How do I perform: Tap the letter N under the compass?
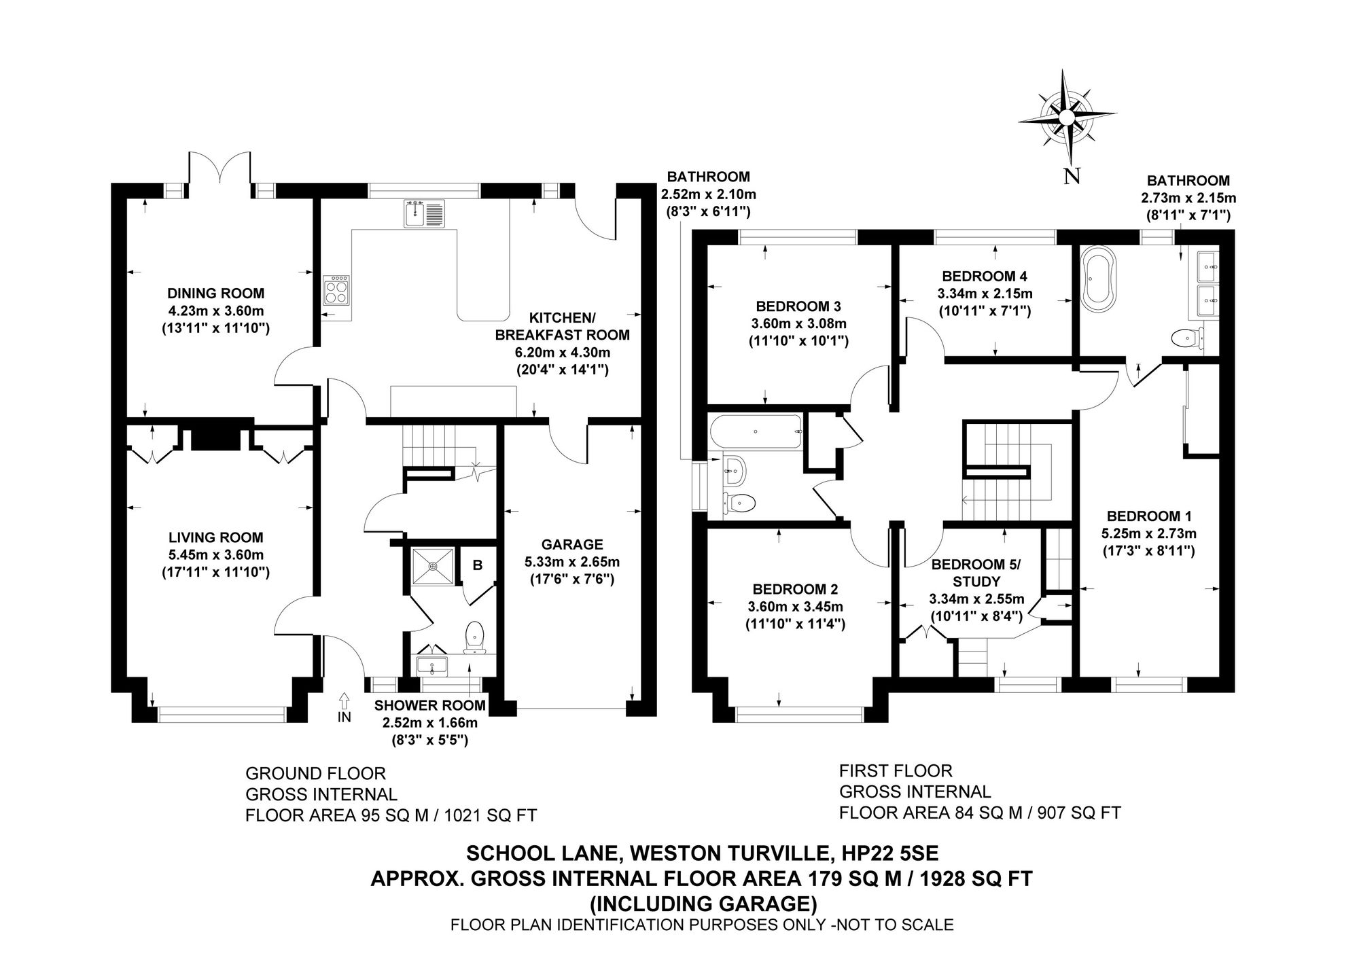tap(1072, 177)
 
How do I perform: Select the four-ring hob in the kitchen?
tap(337, 291)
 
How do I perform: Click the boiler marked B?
tap(478, 565)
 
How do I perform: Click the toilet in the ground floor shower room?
tap(474, 637)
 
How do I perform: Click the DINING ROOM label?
tap(215, 294)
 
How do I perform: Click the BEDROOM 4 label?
tap(984, 276)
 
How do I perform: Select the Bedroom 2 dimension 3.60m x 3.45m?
tap(795, 607)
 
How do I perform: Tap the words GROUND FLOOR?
tap(315, 773)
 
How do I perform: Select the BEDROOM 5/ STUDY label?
tap(976, 573)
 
